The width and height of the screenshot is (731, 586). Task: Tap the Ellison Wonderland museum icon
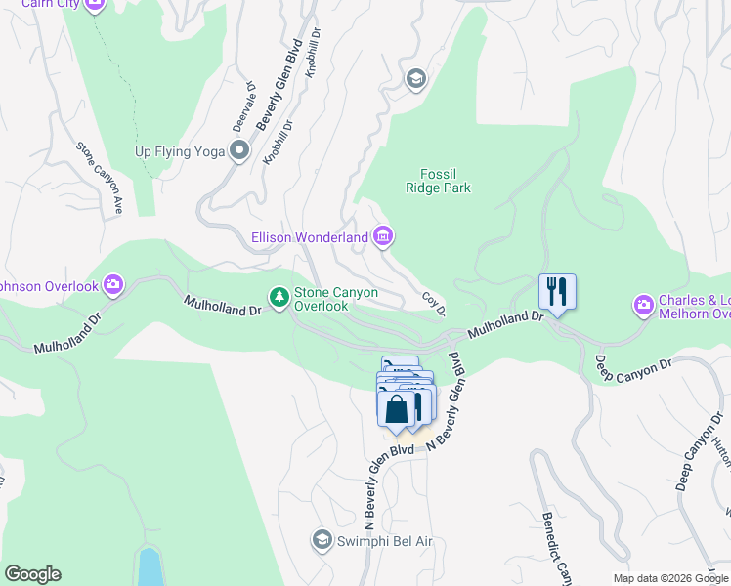(x=383, y=236)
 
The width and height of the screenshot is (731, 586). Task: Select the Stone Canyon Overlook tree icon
(x=279, y=296)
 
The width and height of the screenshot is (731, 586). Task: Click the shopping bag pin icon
(x=397, y=408)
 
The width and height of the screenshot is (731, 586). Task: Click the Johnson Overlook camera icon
(x=114, y=285)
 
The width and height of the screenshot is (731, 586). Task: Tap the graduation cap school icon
(x=415, y=79)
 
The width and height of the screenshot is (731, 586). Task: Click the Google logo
(x=32, y=574)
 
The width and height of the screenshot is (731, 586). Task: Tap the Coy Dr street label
(x=434, y=304)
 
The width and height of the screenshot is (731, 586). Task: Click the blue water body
(x=150, y=566)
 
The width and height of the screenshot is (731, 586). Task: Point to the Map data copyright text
(x=670, y=578)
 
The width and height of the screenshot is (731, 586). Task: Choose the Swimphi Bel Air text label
(x=384, y=541)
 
